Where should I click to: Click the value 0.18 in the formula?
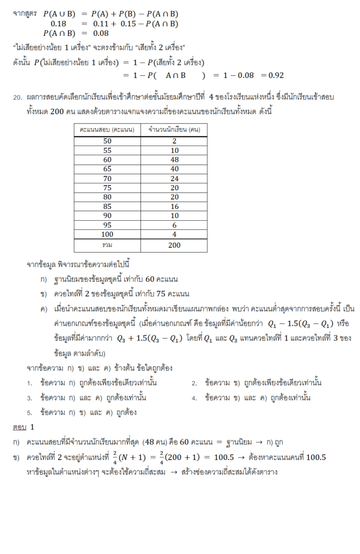pos(58,24)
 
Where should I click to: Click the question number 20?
pos(17,98)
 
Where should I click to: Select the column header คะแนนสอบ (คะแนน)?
pos(106,130)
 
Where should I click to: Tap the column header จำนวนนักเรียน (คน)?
pos(174,130)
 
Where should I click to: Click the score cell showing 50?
pos(107,141)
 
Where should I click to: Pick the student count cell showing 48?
pos(174,160)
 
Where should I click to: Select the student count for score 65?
pos(174,169)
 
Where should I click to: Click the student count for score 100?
pos(174,234)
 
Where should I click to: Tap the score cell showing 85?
pos(107,206)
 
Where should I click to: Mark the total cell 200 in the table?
pos(174,245)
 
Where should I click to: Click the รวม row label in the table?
pos(107,245)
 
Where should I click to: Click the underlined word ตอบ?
pos(19,427)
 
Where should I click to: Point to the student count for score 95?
pos(174,225)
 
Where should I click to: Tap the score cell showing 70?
pos(107,178)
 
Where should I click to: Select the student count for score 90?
pos(174,215)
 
